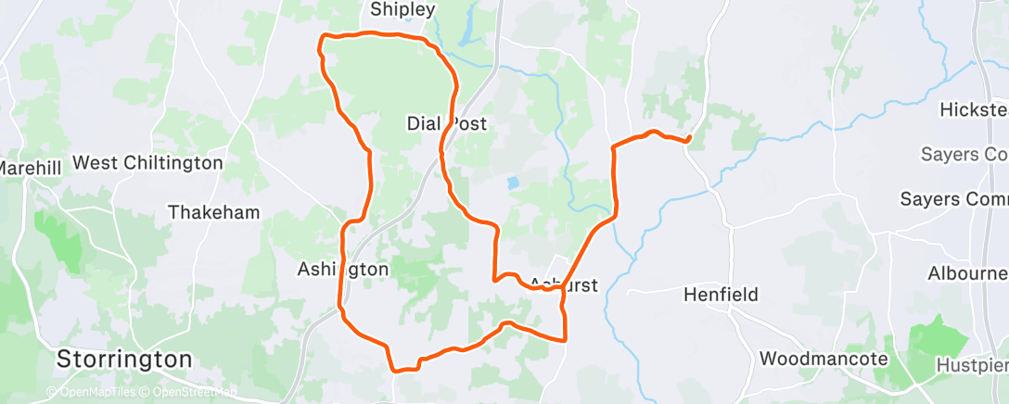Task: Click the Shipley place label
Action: (402, 10)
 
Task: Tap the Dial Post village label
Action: (447, 123)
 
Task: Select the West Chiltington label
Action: (147, 163)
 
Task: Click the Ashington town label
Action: (342, 269)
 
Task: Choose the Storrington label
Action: (124, 359)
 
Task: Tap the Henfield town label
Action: (721, 295)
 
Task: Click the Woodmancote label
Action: (823, 358)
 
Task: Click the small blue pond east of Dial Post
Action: (513, 183)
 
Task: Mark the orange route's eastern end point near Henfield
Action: (689, 141)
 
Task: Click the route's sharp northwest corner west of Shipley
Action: (323, 37)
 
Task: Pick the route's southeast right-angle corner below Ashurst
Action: (566, 340)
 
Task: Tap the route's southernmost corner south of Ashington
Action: (396, 370)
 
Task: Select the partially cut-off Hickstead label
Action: (974, 109)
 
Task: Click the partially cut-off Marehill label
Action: (30, 169)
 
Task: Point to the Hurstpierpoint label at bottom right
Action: (973, 366)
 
